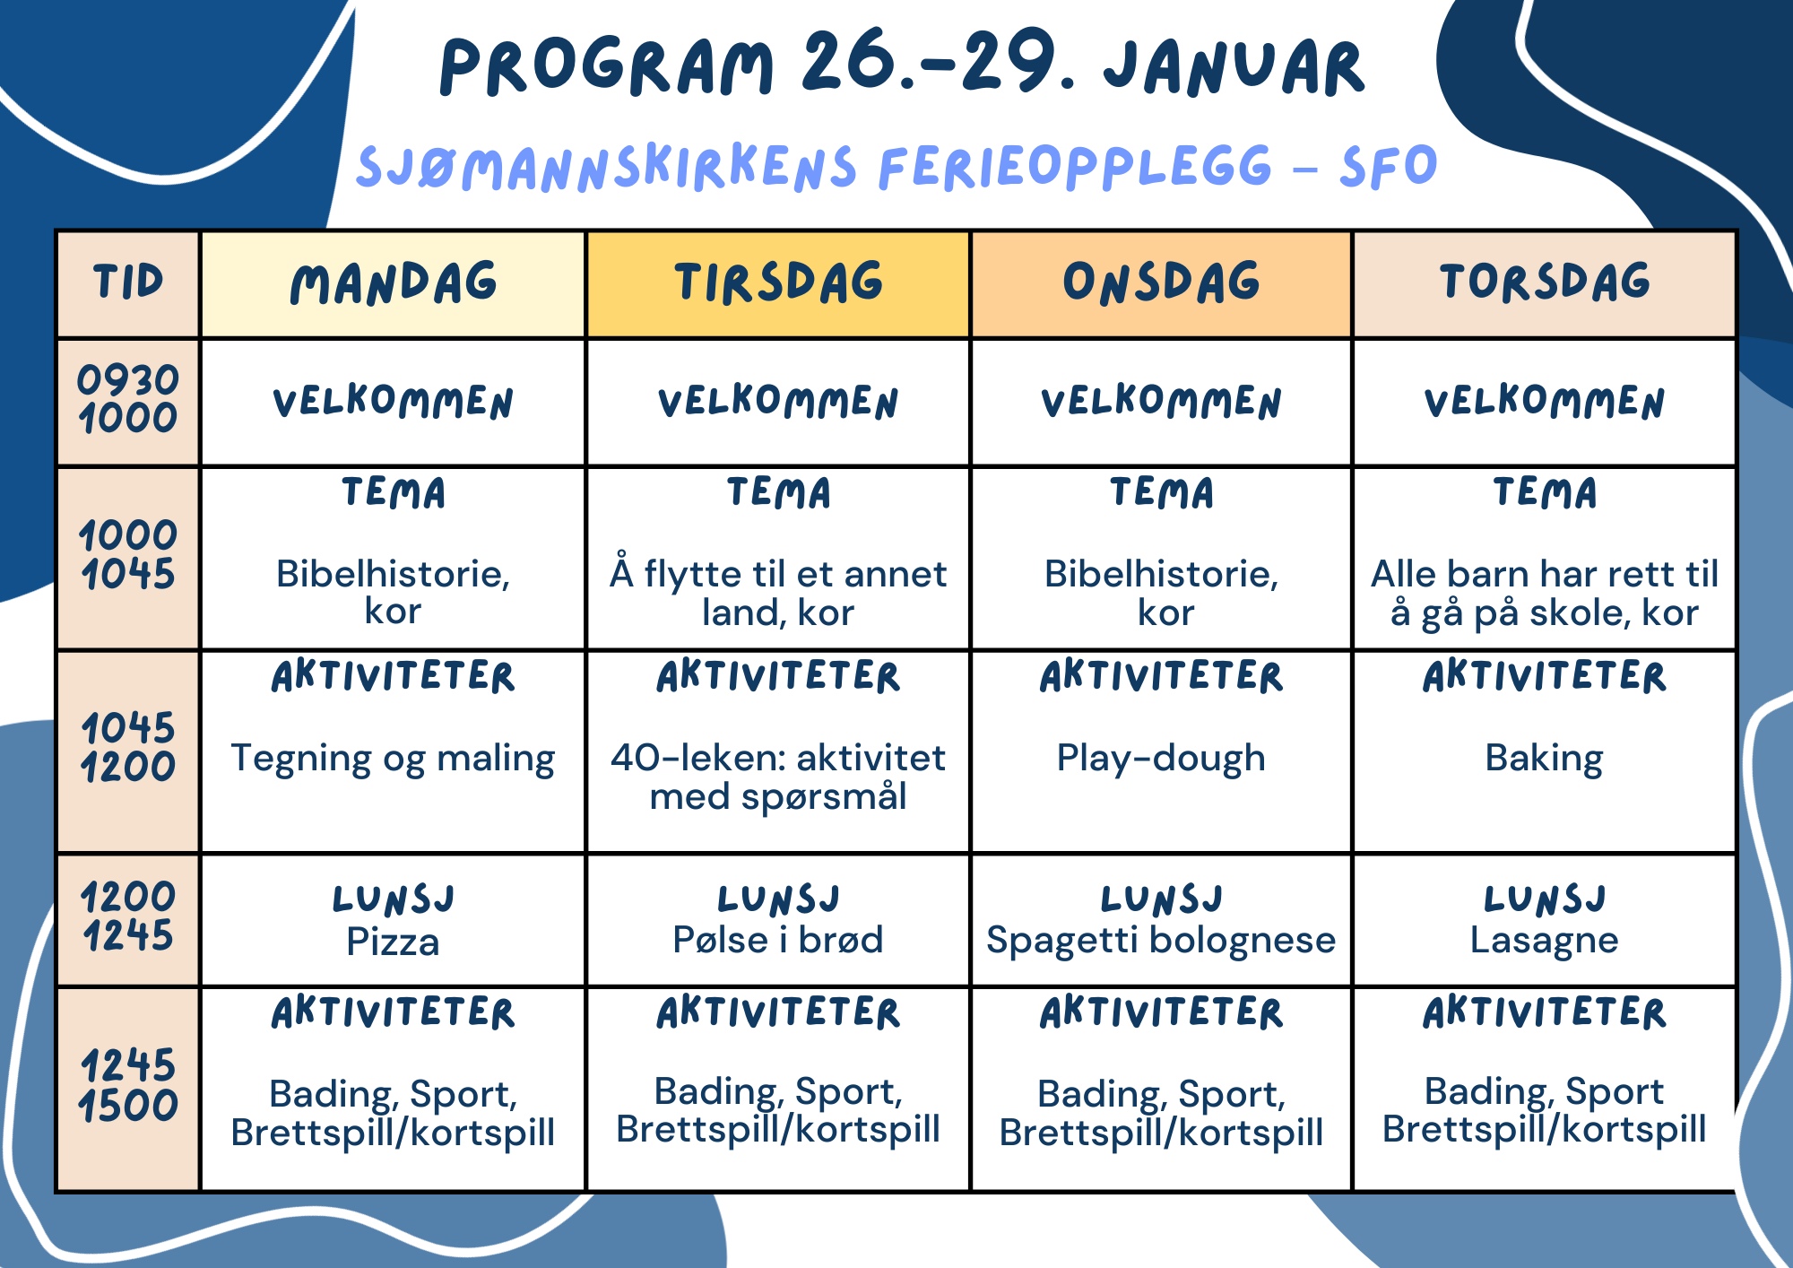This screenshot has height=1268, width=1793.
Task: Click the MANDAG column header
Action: pyautogui.click(x=394, y=283)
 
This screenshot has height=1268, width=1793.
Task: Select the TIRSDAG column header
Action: pyautogui.click(x=778, y=282)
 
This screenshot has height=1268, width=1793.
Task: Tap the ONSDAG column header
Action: pyautogui.click(x=1162, y=282)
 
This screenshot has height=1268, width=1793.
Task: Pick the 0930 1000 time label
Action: pyautogui.click(x=128, y=399)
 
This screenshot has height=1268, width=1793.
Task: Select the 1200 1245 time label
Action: pyautogui.click(x=128, y=916)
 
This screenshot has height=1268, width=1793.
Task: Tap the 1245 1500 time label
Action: pyautogui.click(x=128, y=1086)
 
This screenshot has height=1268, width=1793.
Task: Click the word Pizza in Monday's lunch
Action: pyautogui.click(x=393, y=942)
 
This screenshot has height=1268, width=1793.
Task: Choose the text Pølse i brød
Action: pyautogui.click(x=778, y=940)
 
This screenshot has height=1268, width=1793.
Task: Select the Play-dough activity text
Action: pyautogui.click(x=1161, y=759)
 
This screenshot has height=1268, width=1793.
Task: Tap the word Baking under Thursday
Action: pyautogui.click(x=1544, y=759)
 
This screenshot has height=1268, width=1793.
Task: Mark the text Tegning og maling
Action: pyautogui.click(x=393, y=759)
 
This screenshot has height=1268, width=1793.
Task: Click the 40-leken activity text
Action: pyautogui.click(x=778, y=777)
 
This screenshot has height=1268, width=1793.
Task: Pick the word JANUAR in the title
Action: pyautogui.click(x=1234, y=68)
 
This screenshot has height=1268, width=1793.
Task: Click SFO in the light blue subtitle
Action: pyautogui.click(x=1389, y=166)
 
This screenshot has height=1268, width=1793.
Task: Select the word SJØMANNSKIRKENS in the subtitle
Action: pyautogui.click(x=607, y=168)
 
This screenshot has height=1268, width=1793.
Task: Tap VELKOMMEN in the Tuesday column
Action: pyautogui.click(x=778, y=402)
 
